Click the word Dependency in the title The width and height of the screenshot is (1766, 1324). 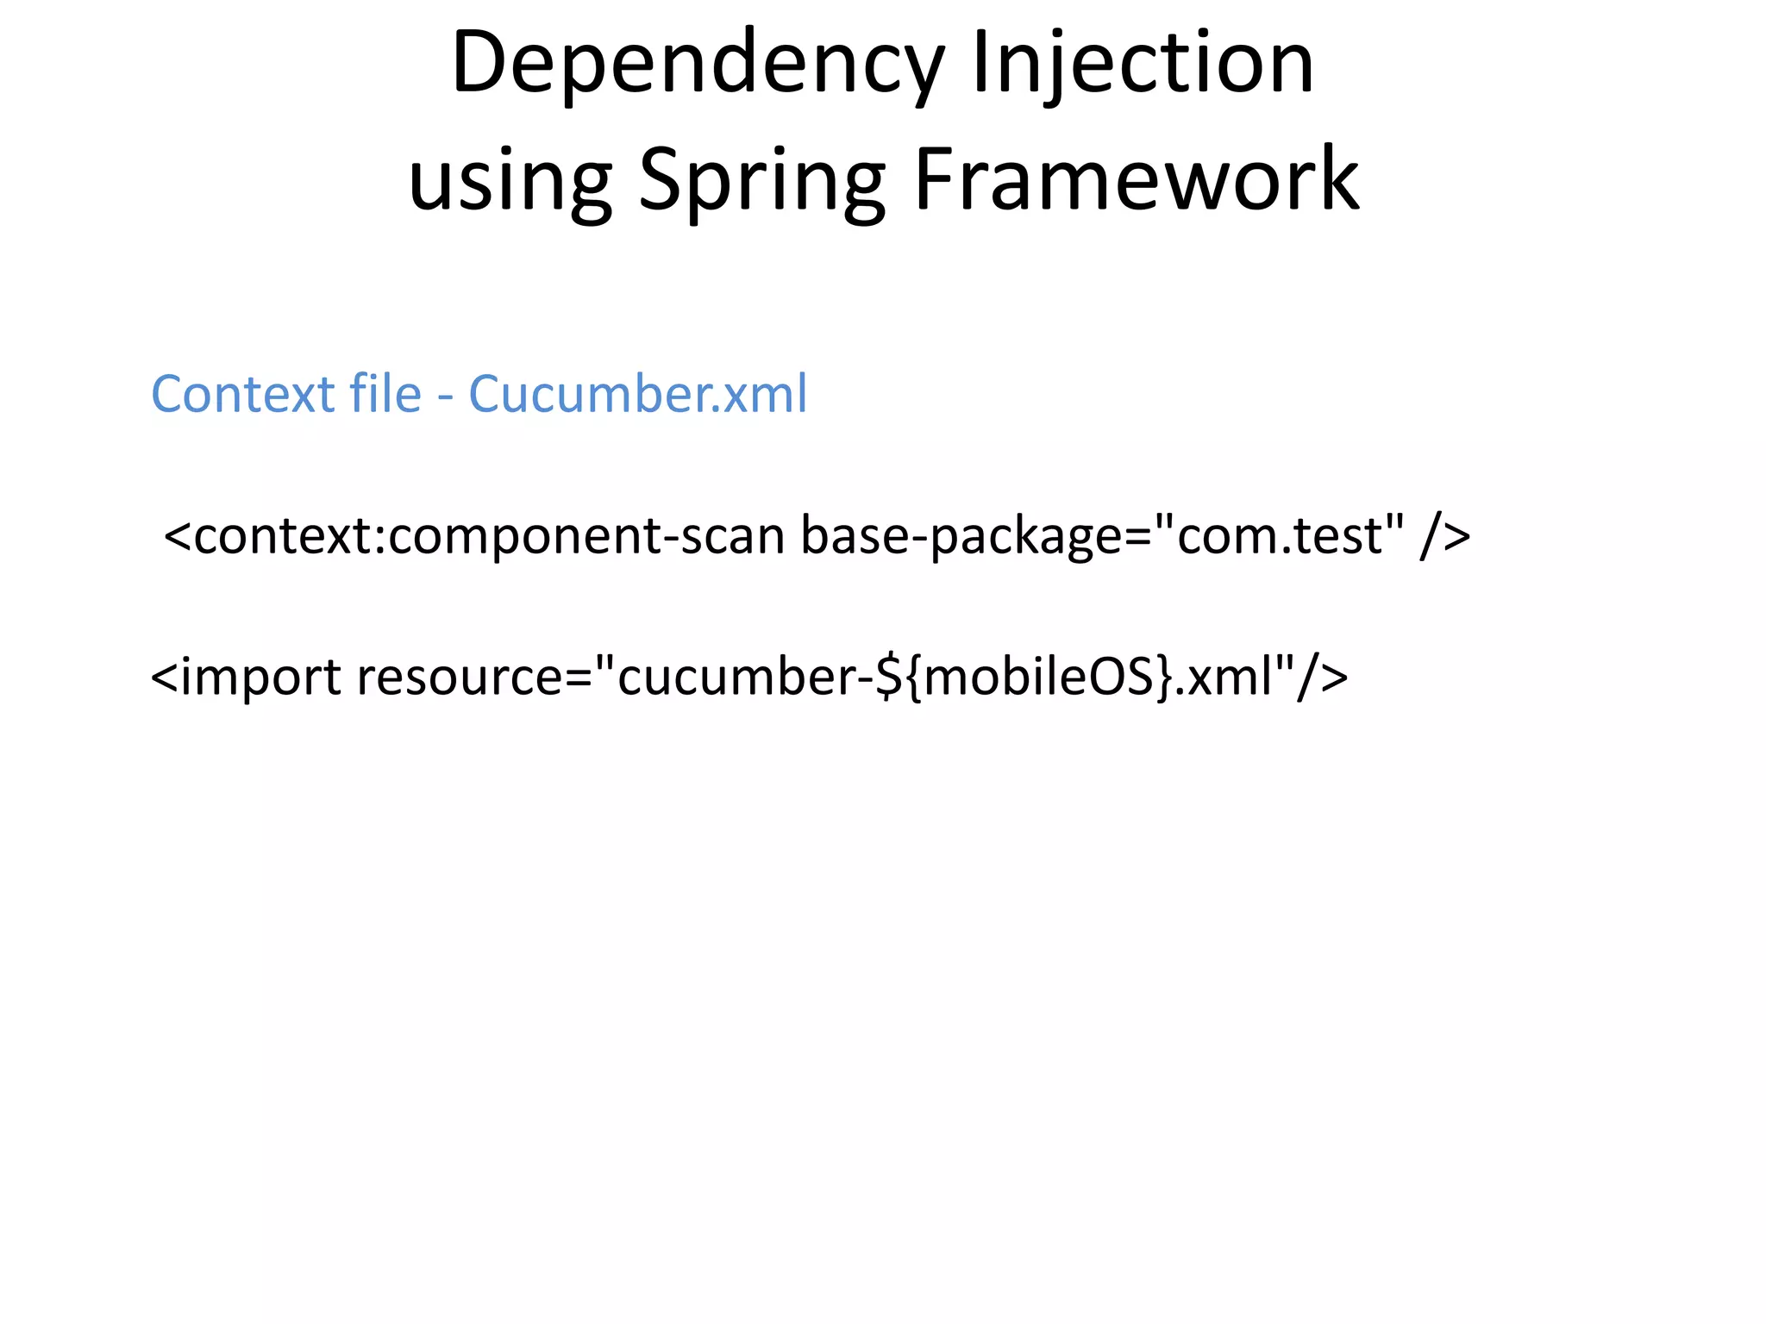(698, 63)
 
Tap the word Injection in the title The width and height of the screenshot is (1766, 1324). (1143, 63)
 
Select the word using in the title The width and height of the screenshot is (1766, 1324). (510, 179)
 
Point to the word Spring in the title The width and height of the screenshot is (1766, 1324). (761, 179)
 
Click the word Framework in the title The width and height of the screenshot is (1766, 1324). (1137, 179)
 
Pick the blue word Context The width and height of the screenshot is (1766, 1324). (243, 394)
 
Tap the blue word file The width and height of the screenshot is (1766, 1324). (385, 394)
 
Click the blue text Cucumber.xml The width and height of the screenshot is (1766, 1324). (638, 394)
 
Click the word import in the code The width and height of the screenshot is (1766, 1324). (261, 677)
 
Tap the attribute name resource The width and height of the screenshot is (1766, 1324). (460, 677)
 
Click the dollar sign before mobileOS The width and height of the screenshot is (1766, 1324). (889, 677)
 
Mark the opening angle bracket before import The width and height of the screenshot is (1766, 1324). (165, 678)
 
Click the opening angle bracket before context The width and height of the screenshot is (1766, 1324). (178, 536)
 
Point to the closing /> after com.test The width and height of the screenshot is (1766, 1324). (1445, 536)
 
